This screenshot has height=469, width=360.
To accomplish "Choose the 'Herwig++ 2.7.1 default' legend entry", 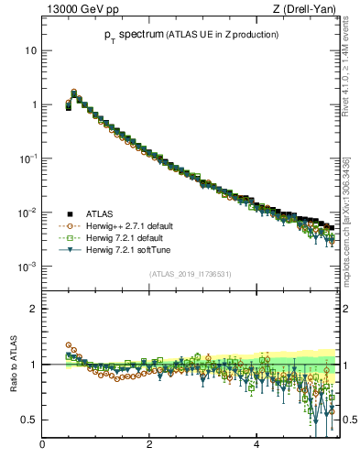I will [x=127, y=225].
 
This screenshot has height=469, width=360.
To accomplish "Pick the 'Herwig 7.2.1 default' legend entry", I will [x=125, y=236].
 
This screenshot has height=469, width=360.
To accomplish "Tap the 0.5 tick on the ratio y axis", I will [x=28, y=420].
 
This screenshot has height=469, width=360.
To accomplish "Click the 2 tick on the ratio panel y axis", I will [x=33, y=309].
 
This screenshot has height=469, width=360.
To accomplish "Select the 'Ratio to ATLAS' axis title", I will [x=13, y=365].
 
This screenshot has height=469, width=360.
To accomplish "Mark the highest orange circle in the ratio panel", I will [x=69, y=345].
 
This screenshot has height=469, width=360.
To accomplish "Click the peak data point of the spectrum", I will [x=74, y=93].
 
